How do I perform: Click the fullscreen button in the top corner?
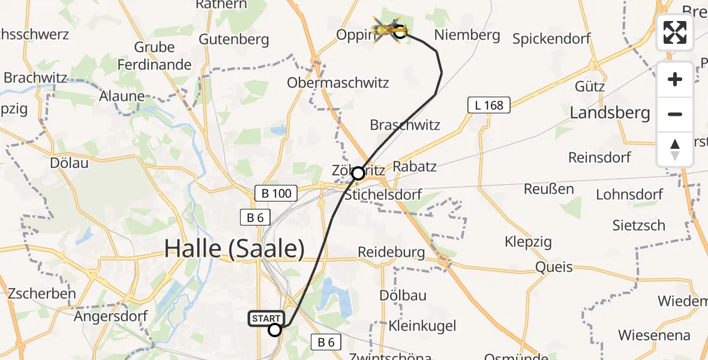(675, 32)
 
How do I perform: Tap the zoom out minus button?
(675, 114)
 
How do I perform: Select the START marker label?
(265, 318)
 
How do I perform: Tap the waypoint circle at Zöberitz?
(358, 173)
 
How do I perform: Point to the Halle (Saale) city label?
(235, 248)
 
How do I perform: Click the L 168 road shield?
(488, 106)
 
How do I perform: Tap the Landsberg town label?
(610, 112)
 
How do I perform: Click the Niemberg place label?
(467, 35)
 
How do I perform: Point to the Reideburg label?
(391, 252)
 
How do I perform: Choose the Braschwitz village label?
(405, 125)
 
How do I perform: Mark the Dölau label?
(70, 163)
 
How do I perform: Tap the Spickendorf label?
(551, 39)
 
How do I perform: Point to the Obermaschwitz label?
(338, 83)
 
